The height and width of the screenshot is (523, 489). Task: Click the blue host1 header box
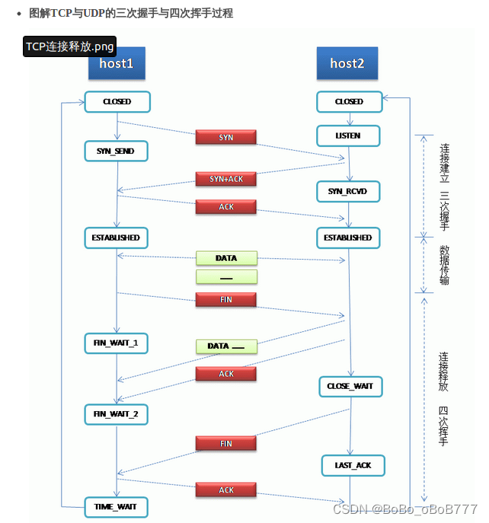tap(117, 64)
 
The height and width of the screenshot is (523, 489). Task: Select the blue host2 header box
tap(347, 64)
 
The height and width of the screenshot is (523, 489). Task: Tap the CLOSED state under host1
tap(117, 101)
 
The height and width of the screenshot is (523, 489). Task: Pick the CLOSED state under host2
tap(349, 101)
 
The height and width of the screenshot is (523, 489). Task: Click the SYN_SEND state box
tap(116, 151)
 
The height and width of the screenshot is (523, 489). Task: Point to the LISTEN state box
tap(349, 136)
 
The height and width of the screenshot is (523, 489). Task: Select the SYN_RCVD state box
tap(347, 191)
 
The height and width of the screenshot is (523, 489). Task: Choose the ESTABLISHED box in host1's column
tap(116, 238)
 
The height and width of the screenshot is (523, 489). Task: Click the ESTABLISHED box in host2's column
tap(347, 238)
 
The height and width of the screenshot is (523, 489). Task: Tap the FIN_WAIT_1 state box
tap(116, 343)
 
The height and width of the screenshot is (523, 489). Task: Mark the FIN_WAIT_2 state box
tap(116, 414)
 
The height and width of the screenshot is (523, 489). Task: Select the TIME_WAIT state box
tap(116, 506)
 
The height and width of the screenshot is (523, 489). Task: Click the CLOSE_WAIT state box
tap(350, 387)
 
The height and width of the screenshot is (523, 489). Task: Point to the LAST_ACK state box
tap(353, 464)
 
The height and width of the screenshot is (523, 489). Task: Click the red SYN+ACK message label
tap(226, 178)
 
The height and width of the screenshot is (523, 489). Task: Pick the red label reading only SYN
tap(226, 137)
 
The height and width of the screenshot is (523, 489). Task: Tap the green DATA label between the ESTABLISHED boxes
tap(226, 258)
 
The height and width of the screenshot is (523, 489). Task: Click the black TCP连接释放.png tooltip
tap(69, 46)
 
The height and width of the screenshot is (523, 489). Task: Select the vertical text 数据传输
tap(444, 265)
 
